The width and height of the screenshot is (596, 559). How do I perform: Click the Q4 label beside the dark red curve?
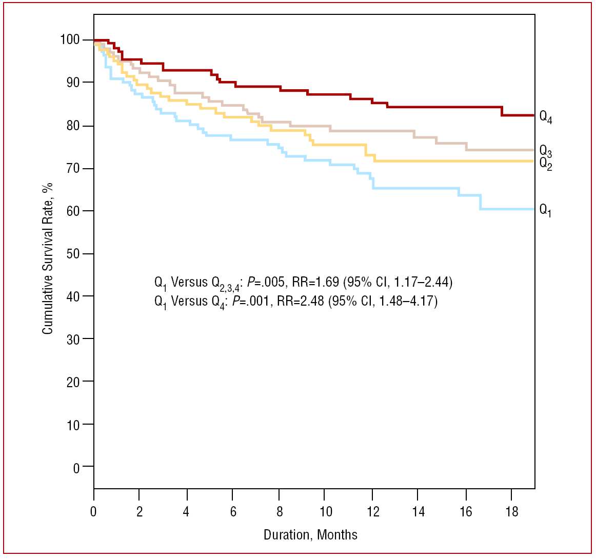tap(545, 117)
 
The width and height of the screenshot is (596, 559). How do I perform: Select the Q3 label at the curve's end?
tap(545, 151)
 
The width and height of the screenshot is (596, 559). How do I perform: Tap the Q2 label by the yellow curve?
tap(545, 164)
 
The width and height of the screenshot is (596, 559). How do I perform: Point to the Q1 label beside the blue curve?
tap(545, 210)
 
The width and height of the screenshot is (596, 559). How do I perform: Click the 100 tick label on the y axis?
tap(69, 40)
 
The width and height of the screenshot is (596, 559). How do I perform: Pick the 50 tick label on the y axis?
tap(73, 254)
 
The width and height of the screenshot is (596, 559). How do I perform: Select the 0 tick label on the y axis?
tap(76, 467)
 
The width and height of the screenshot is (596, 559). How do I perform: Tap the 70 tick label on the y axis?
tap(73, 169)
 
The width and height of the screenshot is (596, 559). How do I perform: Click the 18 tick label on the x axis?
tap(512, 512)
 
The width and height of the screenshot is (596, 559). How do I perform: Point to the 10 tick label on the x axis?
tap(326, 512)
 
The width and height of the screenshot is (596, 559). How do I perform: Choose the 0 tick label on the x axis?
tap(93, 512)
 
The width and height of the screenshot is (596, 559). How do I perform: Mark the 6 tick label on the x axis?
tap(233, 512)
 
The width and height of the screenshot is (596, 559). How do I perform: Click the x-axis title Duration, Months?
tap(310, 535)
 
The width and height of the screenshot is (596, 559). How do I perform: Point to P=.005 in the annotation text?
tap(267, 282)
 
